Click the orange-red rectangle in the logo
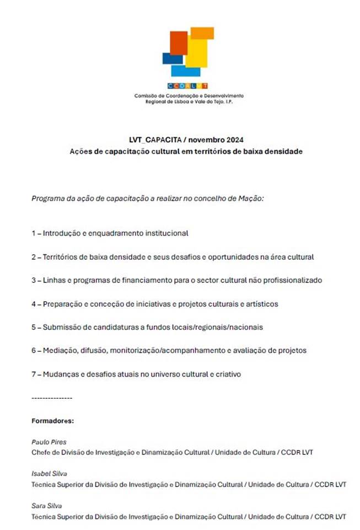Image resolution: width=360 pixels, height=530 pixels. pyautogui.click(x=178, y=42)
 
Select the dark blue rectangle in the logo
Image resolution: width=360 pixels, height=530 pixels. pyautogui.click(x=172, y=58)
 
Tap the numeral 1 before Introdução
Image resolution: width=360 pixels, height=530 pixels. pyautogui.click(x=33, y=233)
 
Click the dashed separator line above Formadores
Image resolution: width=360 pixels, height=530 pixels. pyautogui.click(x=52, y=398)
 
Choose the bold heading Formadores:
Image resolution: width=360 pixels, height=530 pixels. pyautogui.click(x=52, y=421)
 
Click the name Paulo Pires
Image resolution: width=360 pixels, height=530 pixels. pyautogui.click(x=49, y=442)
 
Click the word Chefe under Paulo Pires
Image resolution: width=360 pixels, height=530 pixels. pyautogui.click(x=41, y=453)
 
